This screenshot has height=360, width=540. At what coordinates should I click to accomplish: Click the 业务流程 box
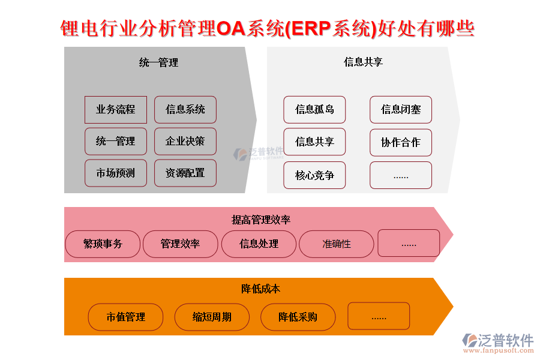[116, 110]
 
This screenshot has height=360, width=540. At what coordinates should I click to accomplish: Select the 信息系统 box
[185, 110]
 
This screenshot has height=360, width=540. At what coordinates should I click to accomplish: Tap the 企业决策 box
[185, 142]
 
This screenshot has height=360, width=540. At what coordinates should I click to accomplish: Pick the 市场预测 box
[116, 173]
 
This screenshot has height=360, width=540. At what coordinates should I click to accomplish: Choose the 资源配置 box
[185, 173]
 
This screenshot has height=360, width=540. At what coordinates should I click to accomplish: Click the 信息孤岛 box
[314, 110]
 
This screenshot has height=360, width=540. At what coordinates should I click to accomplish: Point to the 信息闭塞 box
[401, 110]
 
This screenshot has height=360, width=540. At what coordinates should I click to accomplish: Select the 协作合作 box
[401, 143]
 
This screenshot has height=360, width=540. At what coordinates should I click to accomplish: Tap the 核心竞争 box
[314, 175]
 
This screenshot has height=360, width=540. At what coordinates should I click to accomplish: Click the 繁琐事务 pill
[103, 244]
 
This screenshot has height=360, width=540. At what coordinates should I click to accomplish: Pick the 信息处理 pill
[259, 244]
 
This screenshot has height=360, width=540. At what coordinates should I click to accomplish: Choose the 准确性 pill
[337, 244]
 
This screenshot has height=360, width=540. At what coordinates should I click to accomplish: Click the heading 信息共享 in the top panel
[363, 62]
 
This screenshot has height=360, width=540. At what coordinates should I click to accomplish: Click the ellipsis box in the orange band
[379, 316]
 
